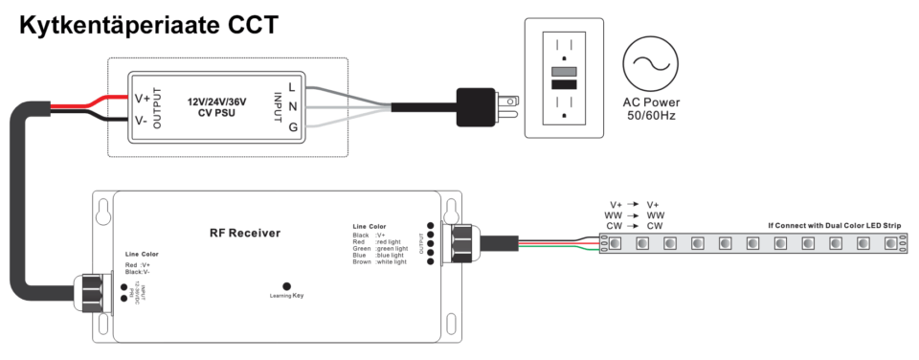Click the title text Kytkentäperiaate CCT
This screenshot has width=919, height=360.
(148, 26)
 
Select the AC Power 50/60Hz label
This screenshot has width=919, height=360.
(650, 109)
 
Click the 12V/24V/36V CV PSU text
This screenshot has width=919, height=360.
(218, 106)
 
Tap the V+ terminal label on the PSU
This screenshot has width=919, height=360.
(141, 98)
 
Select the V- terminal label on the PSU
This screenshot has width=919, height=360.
(141, 122)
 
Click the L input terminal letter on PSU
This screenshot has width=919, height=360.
(292, 87)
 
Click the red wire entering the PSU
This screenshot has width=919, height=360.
(96, 101)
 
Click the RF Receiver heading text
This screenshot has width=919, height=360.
(245, 233)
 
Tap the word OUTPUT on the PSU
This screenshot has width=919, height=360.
(158, 107)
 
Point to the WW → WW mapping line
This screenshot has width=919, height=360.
(635, 215)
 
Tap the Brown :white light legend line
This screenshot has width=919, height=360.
(380, 262)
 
